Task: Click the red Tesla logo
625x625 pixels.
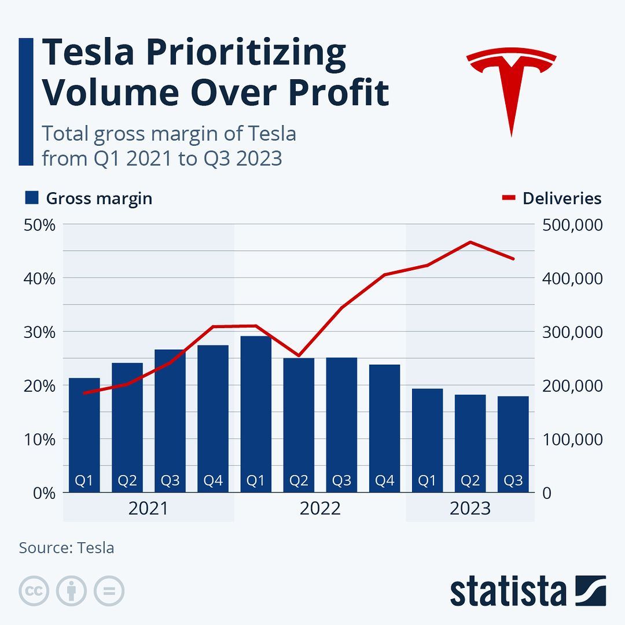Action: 511,87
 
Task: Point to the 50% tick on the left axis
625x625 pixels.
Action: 39,225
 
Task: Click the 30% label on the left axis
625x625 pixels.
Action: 39,332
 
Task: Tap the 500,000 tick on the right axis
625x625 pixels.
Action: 572,225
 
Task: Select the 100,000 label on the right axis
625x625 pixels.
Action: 572,439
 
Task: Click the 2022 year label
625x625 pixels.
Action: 320,509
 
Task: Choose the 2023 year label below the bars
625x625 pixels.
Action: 470,509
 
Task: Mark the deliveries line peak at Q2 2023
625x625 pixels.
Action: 470,242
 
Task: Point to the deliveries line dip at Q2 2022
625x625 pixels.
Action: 299,355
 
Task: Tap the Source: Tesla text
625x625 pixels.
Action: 67,547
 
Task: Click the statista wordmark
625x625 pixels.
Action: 508,591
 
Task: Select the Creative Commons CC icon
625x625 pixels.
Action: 34,591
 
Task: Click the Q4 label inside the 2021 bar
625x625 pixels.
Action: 213,481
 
